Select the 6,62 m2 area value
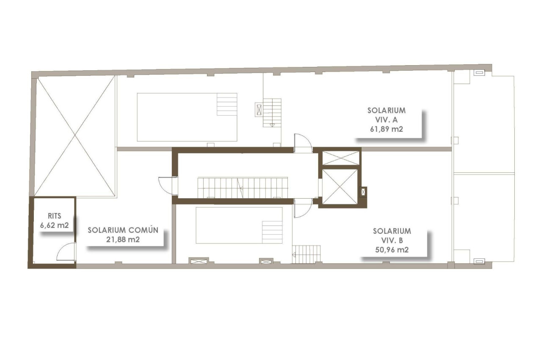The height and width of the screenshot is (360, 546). [54, 225]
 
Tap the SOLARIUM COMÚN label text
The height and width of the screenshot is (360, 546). [123, 230]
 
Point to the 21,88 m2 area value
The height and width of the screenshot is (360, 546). [123, 240]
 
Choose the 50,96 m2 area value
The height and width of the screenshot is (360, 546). [392, 250]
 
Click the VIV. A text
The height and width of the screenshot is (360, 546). [386, 119]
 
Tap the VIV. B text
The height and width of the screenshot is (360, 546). [392, 240]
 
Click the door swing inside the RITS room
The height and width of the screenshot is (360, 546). [67, 252]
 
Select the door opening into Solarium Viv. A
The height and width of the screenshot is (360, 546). [303, 142]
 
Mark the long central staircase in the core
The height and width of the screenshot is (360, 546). [243, 188]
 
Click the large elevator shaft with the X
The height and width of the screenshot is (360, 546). [340, 187]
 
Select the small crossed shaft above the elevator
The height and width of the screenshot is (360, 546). [340, 158]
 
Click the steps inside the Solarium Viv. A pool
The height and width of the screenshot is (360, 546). [227, 104]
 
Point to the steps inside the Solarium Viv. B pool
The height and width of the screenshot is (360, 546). [272, 232]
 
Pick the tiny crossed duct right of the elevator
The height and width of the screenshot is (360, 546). [363, 191]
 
